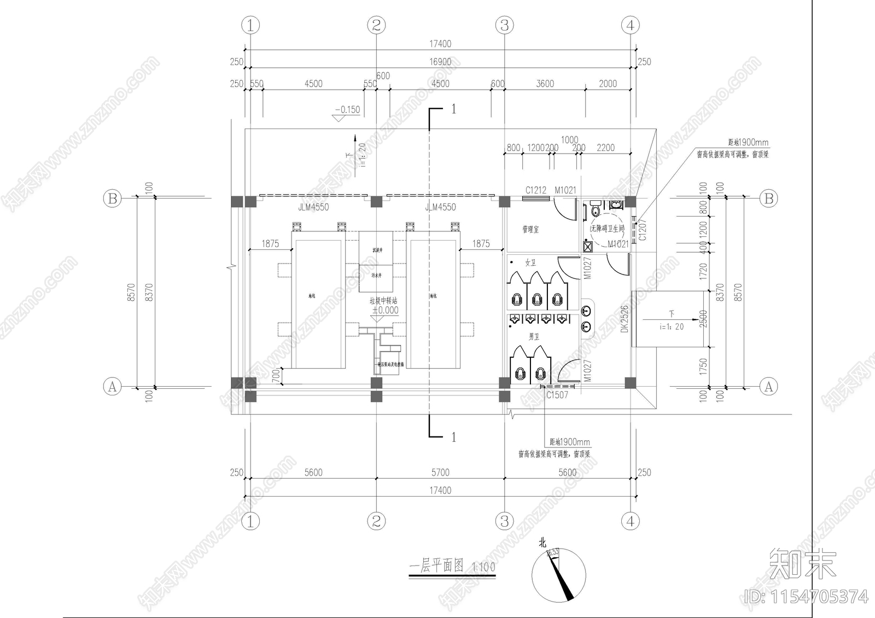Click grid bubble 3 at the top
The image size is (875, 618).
504,25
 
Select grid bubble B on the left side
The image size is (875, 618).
112,198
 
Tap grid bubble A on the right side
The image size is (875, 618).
768,387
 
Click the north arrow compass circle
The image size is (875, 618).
559,575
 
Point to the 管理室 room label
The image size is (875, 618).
530,229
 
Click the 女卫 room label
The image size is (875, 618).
530,263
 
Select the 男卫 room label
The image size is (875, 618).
534,336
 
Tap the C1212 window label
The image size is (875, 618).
535,190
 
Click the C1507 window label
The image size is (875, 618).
557,395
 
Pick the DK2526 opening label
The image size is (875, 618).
625,318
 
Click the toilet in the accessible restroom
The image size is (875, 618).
595,208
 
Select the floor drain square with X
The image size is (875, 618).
588,246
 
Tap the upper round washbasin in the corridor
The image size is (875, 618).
586,311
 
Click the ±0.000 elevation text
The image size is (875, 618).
385,310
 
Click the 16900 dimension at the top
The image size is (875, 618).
440,62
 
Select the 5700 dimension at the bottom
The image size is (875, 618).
440,473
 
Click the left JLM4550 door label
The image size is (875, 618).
313,207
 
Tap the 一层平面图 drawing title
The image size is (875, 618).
436,565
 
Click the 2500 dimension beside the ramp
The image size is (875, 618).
703,319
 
